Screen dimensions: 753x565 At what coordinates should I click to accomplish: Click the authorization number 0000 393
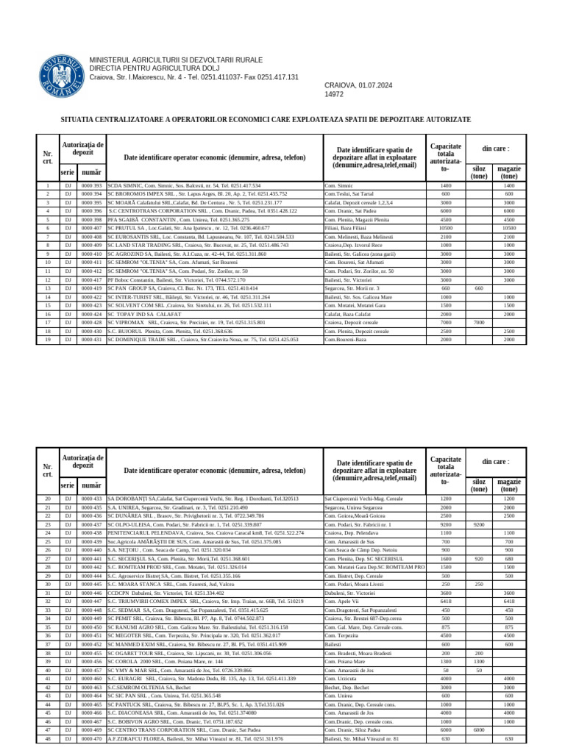[92, 186]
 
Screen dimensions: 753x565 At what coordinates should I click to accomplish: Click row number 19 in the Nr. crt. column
[48, 340]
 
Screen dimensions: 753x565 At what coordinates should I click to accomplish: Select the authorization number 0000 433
[92, 499]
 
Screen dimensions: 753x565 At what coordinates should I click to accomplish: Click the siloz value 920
[479, 558]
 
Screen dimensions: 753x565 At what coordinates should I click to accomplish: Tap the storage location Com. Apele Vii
[343, 601]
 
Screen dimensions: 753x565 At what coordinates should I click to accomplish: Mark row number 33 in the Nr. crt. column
[48, 610]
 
